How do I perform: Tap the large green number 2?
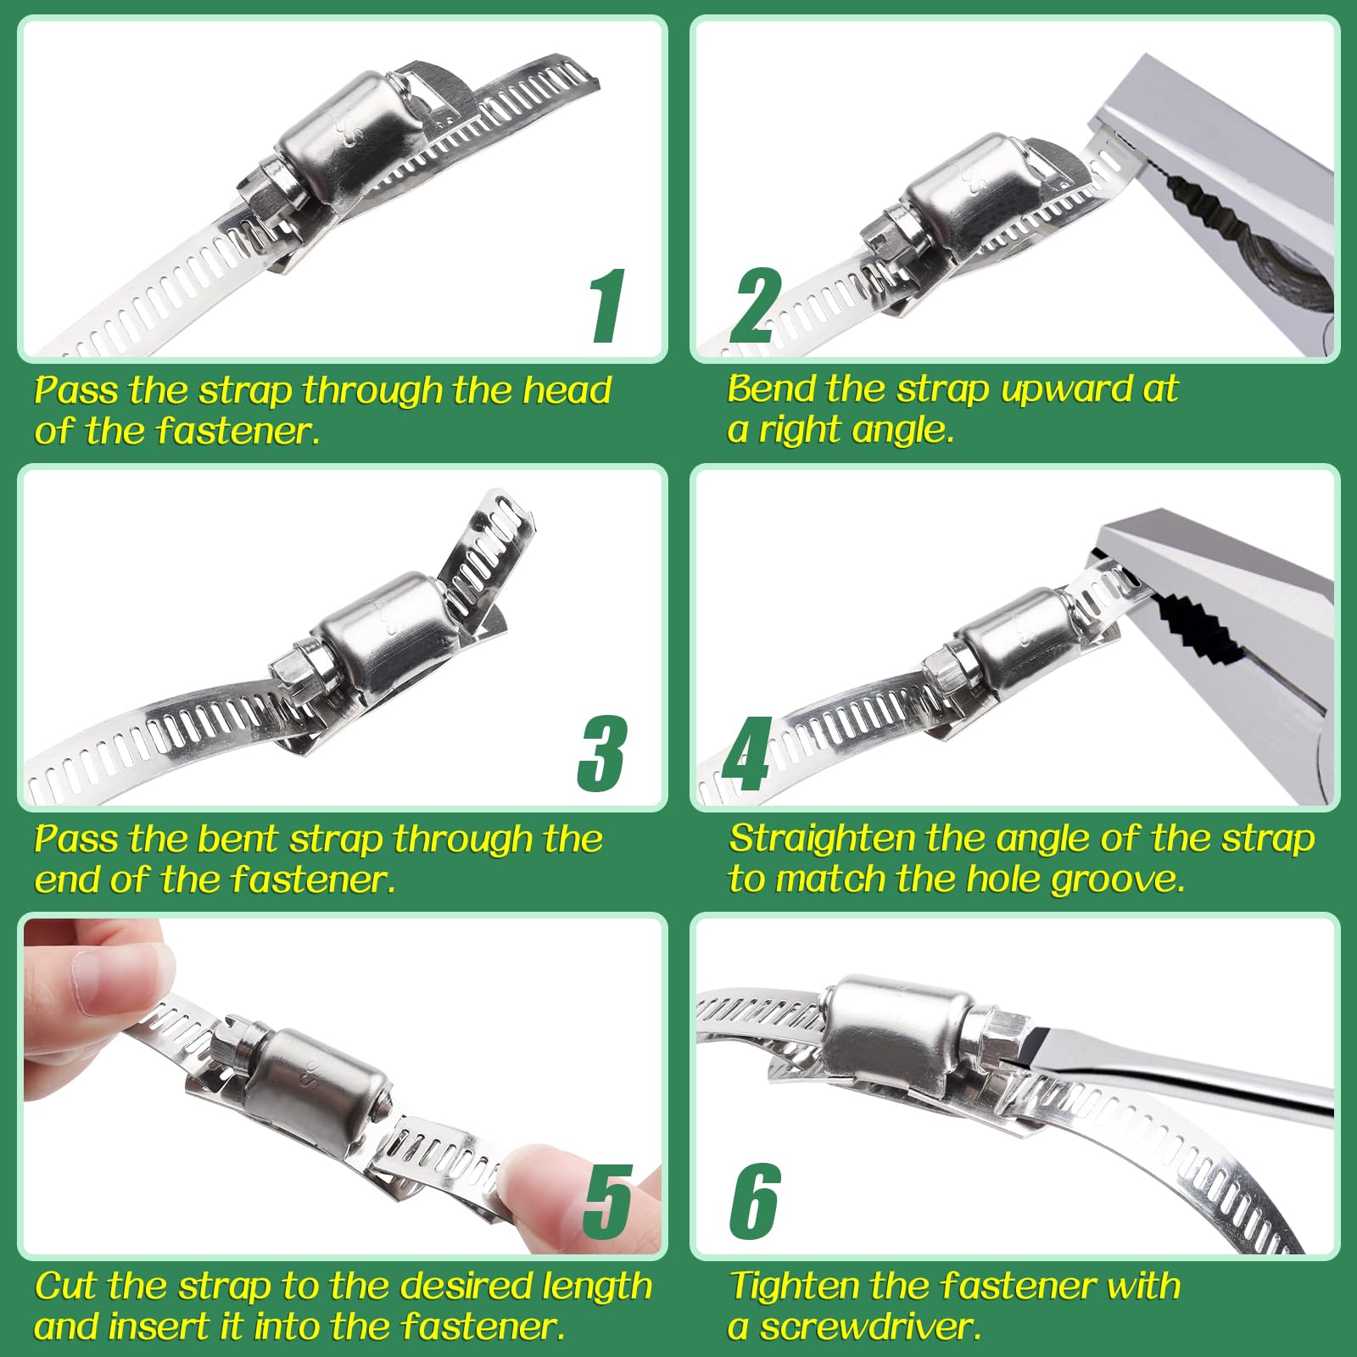[x=755, y=305]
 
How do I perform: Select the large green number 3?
[x=602, y=753]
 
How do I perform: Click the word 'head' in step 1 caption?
[x=567, y=390]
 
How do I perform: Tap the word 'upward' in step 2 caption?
[x=1065, y=390]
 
